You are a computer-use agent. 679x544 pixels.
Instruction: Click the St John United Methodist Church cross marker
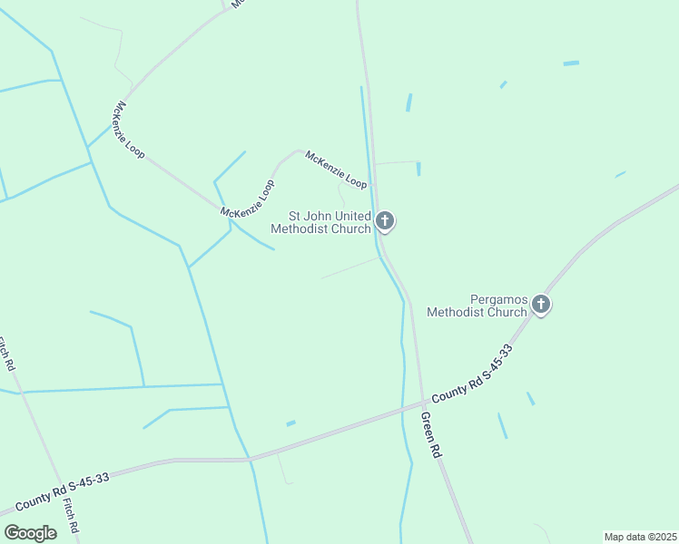385,220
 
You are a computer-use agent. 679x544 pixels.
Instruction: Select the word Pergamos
498,299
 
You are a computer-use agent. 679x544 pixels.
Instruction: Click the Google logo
30,532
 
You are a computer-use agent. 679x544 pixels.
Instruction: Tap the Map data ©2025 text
640,537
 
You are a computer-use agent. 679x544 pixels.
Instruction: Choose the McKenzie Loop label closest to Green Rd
336,170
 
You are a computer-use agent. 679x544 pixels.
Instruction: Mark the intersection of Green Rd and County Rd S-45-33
423,402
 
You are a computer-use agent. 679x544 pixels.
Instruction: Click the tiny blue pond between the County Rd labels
290,423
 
